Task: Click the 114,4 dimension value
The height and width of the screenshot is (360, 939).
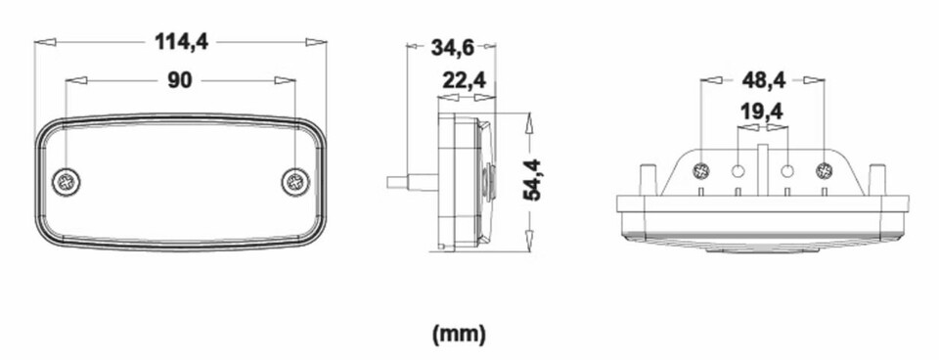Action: pyautogui.click(x=182, y=42)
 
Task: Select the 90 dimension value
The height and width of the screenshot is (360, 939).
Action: pyautogui.click(x=179, y=80)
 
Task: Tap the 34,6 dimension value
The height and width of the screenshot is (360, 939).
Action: pyautogui.click(x=452, y=48)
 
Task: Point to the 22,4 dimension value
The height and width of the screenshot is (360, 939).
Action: pyautogui.click(x=464, y=79)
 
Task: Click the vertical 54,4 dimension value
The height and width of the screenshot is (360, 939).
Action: pyautogui.click(x=532, y=180)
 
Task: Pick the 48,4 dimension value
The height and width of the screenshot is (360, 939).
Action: pyautogui.click(x=763, y=79)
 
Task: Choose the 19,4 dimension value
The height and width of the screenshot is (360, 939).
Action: pyautogui.click(x=761, y=111)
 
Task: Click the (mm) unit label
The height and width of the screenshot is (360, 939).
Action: pyautogui.click(x=459, y=334)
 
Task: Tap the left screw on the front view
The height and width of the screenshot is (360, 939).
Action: pyautogui.click(x=66, y=182)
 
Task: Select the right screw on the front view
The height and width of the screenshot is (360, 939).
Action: pyautogui.click(x=295, y=182)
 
